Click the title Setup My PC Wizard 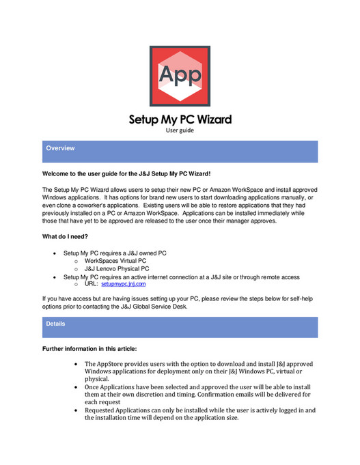pyautogui.click(x=180, y=119)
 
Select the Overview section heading pyautogui.click(x=61, y=148)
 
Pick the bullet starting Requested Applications pyautogui.click(x=200, y=410)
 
